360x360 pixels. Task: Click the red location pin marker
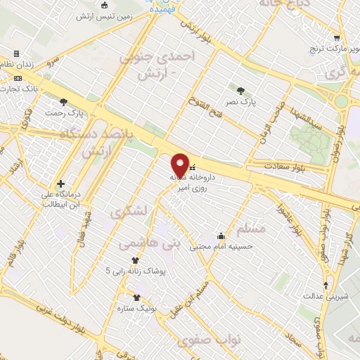point(181,165)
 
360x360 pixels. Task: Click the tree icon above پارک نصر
point(242,90)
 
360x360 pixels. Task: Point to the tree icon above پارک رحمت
point(63,102)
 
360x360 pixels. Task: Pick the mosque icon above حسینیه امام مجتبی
point(221,236)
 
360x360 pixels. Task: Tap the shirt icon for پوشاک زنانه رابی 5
point(134,260)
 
